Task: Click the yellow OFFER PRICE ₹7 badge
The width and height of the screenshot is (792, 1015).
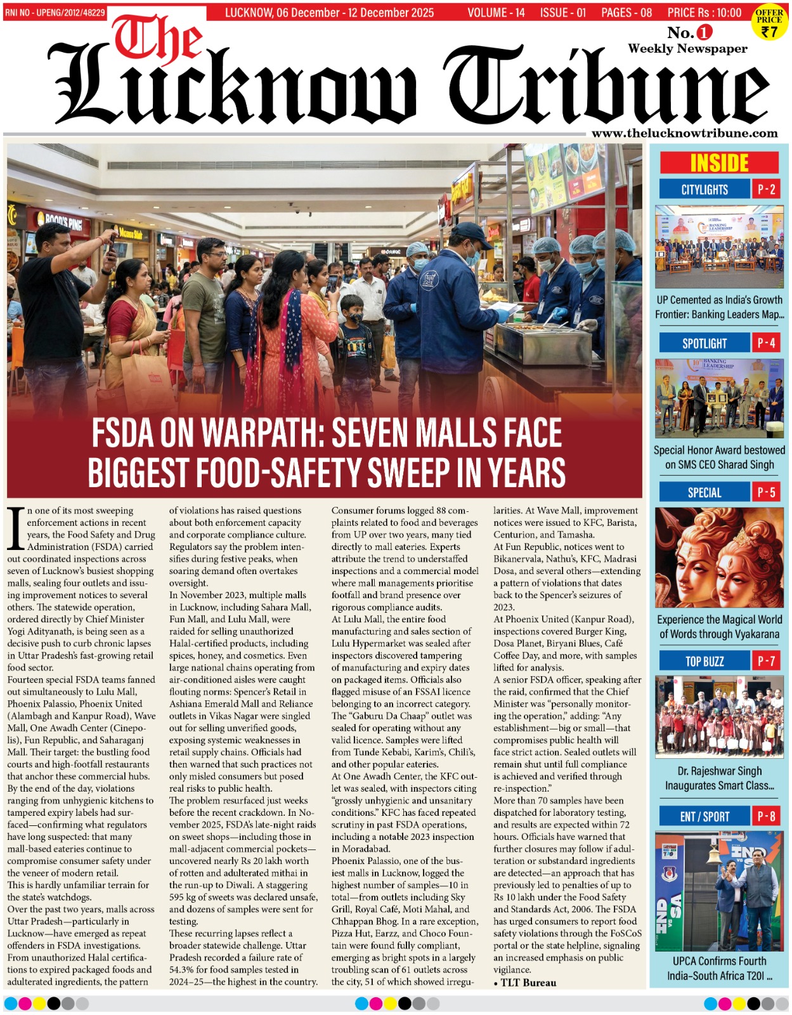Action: [769, 23]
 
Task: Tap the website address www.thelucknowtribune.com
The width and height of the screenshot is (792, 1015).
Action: [684, 133]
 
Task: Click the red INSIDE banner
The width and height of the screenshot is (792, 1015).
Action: [719, 163]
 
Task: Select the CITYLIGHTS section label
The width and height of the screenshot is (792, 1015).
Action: [704, 189]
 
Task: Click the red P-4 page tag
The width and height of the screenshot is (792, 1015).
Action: [766, 343]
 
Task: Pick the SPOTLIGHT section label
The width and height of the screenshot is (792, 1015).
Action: [704, 343]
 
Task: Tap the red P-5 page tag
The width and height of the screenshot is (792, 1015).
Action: [766, 492]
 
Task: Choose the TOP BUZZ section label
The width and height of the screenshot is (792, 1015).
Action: [704, 661]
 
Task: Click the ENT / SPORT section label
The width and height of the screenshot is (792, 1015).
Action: [704, 816]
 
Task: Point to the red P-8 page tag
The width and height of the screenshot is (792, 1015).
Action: [766, 816]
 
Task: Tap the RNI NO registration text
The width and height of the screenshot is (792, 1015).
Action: [55, 13]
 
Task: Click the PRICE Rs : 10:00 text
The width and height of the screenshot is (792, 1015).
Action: [704, 13]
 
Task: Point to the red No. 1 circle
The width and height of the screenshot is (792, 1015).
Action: [704, 32]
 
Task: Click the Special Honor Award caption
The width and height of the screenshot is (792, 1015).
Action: [719, 457]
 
